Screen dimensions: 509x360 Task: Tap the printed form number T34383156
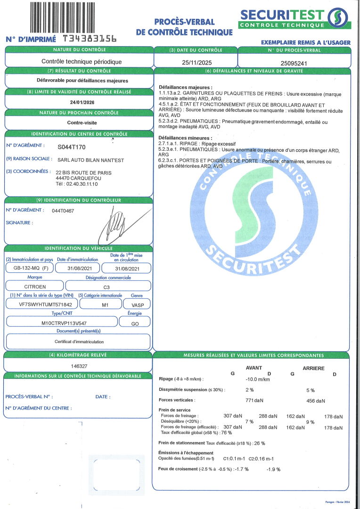tap(90, 39)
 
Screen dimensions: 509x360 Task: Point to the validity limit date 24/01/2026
tap(79, 101)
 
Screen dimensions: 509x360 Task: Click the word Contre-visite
tap(79, 122)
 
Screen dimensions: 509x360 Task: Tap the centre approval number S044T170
tap(71, 147)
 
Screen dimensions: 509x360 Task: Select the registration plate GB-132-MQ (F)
tap(29, 268)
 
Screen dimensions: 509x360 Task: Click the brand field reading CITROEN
tap(35, 286)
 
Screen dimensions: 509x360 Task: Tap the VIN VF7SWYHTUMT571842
tap(41, 304)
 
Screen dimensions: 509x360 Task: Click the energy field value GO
tap(134, 322)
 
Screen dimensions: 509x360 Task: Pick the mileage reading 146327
tap(79, 366)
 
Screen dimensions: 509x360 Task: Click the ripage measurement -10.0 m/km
tap(257, 379)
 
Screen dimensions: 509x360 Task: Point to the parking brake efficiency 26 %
tap(259, 443)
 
